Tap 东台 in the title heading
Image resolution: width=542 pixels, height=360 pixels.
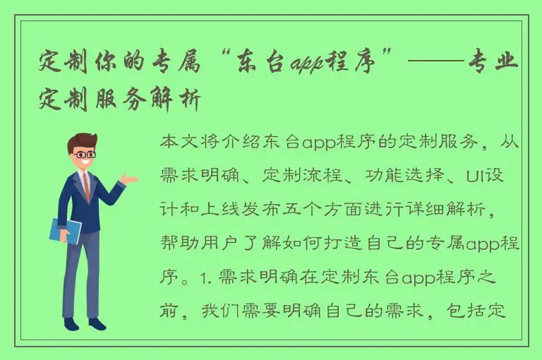246,65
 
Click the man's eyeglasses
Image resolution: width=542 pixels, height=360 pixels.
85,153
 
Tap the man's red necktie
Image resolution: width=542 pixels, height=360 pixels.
86,185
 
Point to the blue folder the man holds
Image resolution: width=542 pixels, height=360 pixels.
65,231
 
